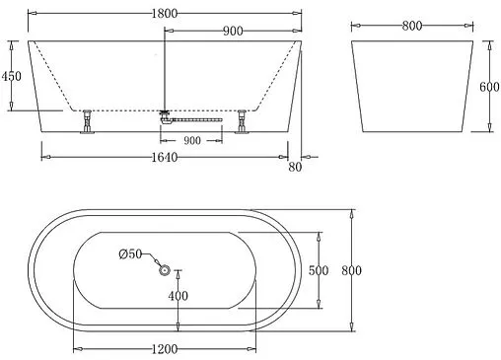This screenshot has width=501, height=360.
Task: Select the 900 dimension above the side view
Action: point(233,31)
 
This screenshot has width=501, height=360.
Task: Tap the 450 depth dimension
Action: point(12,76)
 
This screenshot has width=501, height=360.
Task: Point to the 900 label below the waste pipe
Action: point(191,140)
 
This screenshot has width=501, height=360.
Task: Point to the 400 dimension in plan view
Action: point(178,296)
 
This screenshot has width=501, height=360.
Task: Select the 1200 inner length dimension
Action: point(165,349)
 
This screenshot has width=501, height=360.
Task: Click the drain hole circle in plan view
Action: point(165,270)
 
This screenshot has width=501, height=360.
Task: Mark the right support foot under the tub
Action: point(243,122)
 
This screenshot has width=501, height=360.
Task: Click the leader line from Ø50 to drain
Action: point(153,261)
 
